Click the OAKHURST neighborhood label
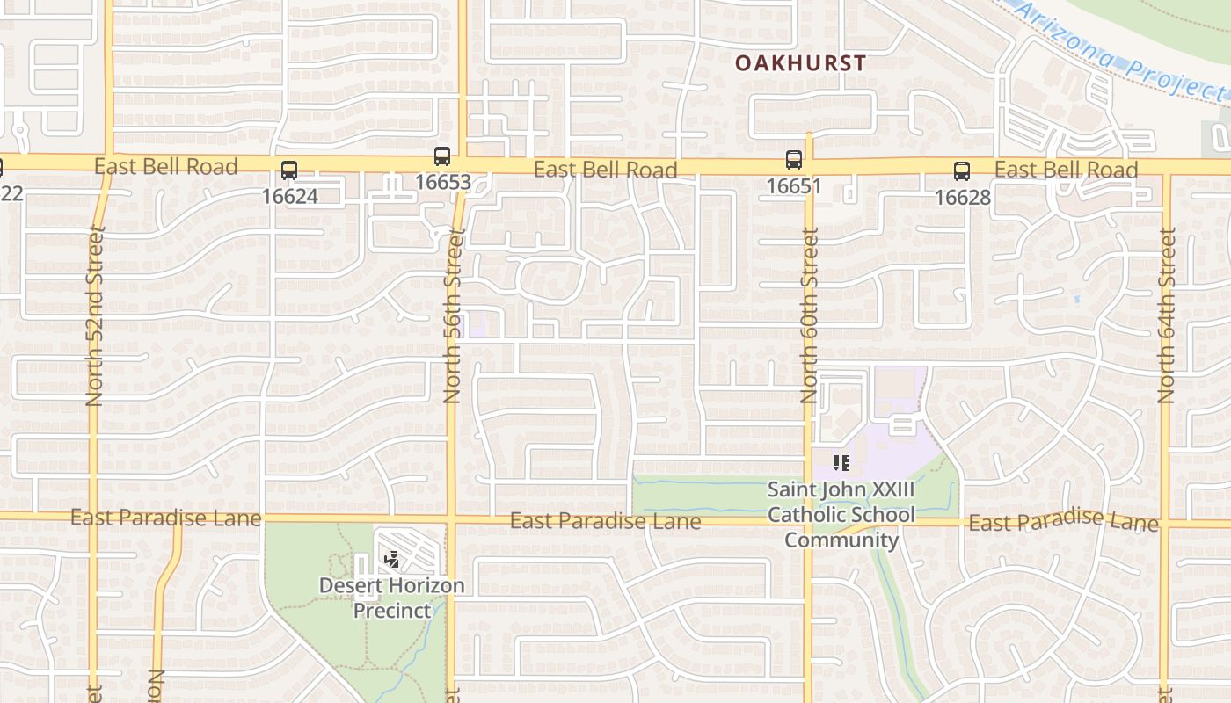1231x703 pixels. [x=800, y=63]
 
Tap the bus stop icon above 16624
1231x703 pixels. [x=289, y=170]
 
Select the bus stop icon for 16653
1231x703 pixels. [x=442, y=156]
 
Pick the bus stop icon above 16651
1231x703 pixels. [x=794, y=159]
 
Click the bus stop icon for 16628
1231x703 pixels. [x=962, y=170]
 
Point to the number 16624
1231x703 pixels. [x=289, y=195]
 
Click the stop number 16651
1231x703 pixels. [x=793, y=186]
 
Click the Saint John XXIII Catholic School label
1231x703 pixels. [x=841, y=514]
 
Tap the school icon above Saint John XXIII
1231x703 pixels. [x=841, y=462]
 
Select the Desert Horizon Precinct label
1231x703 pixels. [x=392, y=598]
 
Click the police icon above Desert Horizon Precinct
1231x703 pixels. [x=392, y=558]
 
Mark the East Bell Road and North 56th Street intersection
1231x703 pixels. [x=463, y=165]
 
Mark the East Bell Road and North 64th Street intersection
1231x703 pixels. [x=1167, y=167]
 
